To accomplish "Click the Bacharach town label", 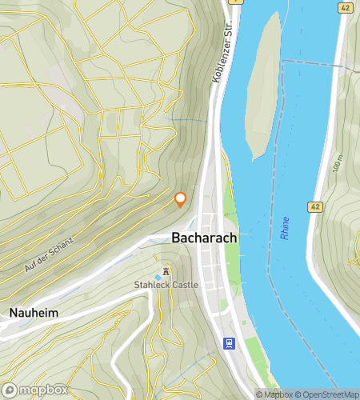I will point(203,238).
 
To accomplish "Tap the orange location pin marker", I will point(181,199).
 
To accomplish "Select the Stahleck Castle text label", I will point(166,284).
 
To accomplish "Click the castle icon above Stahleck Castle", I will point(166,271).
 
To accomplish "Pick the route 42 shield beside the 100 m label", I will point(314,207).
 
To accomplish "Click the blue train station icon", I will point(230,343).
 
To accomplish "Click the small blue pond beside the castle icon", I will point(158,278).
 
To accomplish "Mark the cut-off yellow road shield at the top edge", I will point(234,2).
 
